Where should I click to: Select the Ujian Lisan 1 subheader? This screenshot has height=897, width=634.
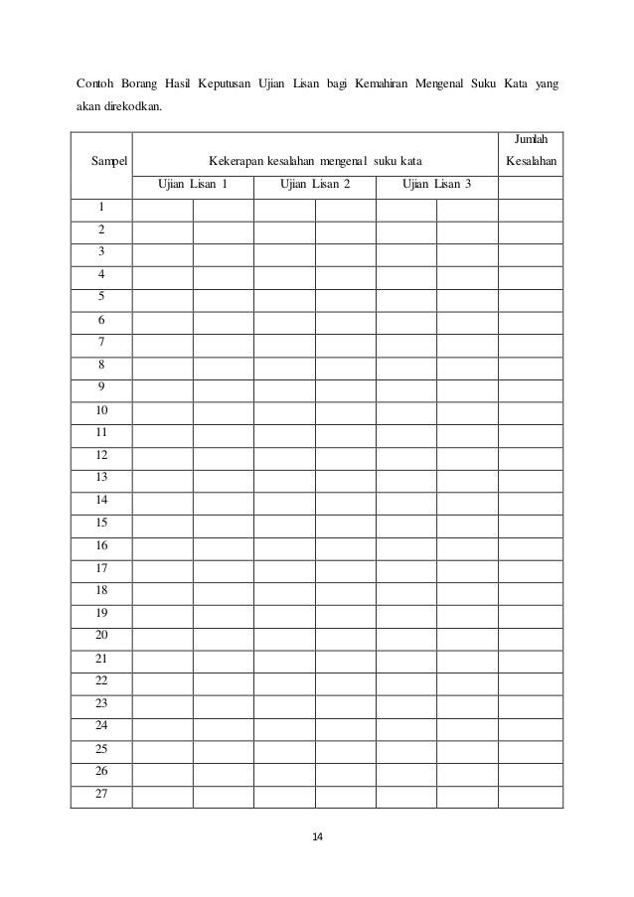point(194,184)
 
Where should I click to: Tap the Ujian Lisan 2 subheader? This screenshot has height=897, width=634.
point(315,184)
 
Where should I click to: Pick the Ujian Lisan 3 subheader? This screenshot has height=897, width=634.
point(437,184)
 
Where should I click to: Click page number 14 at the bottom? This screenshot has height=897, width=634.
point(317,837)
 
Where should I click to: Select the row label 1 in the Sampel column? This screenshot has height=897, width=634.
point(101,207)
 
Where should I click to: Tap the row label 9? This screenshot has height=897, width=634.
point(101,386)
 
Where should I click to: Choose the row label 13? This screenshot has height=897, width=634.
point(101,477)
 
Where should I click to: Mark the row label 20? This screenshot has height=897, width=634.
point(101,635)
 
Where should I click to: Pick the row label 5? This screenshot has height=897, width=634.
point(101,296)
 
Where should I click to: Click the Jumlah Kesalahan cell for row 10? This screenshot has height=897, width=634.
point(532,409)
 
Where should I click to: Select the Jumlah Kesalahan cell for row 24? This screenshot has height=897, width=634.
point(532,725)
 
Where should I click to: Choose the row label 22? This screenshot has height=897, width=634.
point(101,679)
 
